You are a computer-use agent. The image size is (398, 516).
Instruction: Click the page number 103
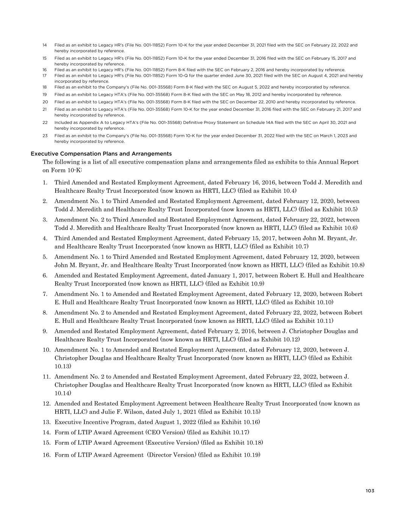pos(370,491)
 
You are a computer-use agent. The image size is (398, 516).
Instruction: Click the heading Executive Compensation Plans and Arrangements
pos(101,153)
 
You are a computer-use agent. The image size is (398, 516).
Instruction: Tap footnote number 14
pos(45,45)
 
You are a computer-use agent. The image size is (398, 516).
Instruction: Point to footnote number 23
pos(45,136)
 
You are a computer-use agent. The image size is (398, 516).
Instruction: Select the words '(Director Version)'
pos(172,455)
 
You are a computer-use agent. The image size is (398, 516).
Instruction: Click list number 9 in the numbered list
pos(45,331)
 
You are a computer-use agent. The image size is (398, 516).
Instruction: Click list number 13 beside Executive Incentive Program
pos(46,422)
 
